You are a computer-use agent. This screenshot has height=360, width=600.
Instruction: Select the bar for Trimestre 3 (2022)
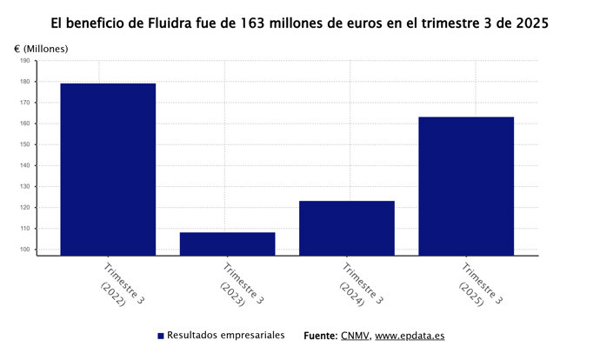[x=108, y=170]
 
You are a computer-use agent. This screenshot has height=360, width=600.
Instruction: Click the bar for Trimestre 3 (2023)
[x=227, y=244]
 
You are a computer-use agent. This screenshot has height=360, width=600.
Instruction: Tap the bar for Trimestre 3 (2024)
[x=346, y=228]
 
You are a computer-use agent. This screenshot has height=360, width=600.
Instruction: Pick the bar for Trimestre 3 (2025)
[x=465, y=186]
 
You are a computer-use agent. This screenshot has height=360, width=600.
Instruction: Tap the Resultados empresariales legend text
[x=225, y=336]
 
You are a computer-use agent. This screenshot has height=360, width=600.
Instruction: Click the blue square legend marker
[x=161, y=336]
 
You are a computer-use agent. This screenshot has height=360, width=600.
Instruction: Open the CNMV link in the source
[x=356, y=336]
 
